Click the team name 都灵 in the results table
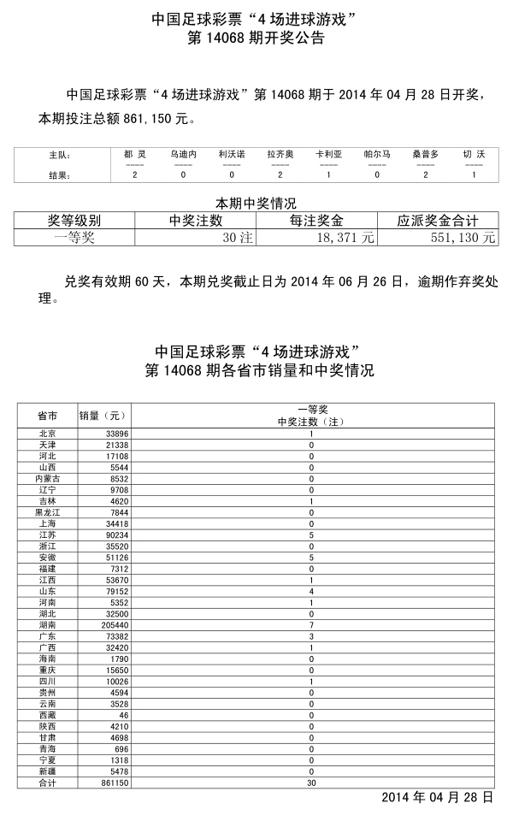pyautogui.click(x=135, y=155)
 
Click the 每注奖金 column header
pyautogui.click(x=316, y=221)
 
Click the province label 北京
pyautogui.click(x=47, y=434)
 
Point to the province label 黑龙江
pyautogui.click(x=47, y=512)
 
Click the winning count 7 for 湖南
pyautogui.click(x=311, y=625)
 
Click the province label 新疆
pyautogui.click(x=47, y=771)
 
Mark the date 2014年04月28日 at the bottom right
pyautogui.click(x=437, y=797)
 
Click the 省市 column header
pyautogui.click(x=47, y=416)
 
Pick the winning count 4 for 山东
pyautogui.click(x=311, y=591)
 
